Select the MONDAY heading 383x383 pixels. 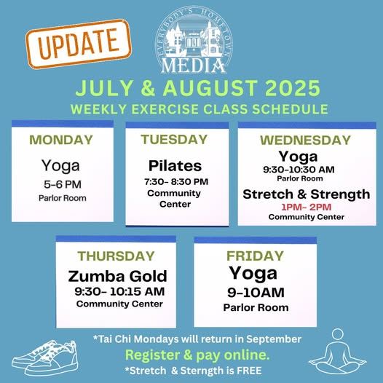click(61, 140)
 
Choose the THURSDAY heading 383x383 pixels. click(117, 256)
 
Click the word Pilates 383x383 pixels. click(175, 165)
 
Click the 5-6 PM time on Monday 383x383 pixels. click(61, 184)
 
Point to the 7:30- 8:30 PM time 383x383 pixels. click(175, 181)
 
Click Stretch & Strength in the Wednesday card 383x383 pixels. click(306, 194)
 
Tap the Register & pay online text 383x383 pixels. click(197, 355)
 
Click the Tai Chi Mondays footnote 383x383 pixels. click(197, 339)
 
